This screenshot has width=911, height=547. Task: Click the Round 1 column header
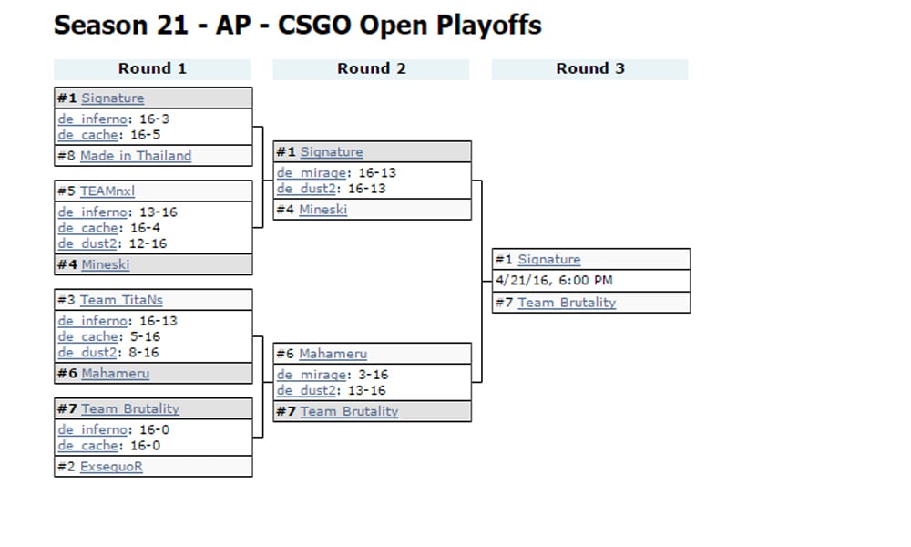pos(152,68)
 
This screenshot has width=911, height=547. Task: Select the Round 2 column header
pos(371,68)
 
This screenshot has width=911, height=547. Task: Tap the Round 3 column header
pos(590,68)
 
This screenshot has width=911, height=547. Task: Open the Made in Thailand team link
pos(136,156)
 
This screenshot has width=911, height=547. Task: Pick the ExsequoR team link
pos(111,467)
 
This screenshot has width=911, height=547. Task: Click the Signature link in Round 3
pos(548,260)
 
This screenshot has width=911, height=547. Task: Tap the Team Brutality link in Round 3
pos(567,303)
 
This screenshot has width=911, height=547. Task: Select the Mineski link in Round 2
pos(322,210)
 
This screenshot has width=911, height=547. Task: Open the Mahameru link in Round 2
pos(333,354)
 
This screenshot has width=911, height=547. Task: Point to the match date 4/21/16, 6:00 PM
pos(554,281)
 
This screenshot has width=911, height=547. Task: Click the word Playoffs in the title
pos(486,25)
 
